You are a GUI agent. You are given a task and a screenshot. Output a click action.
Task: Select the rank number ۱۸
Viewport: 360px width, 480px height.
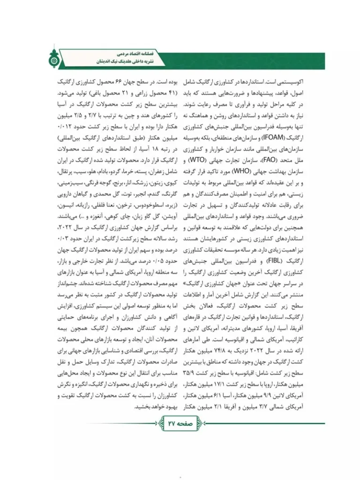(x=143, y=149)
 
